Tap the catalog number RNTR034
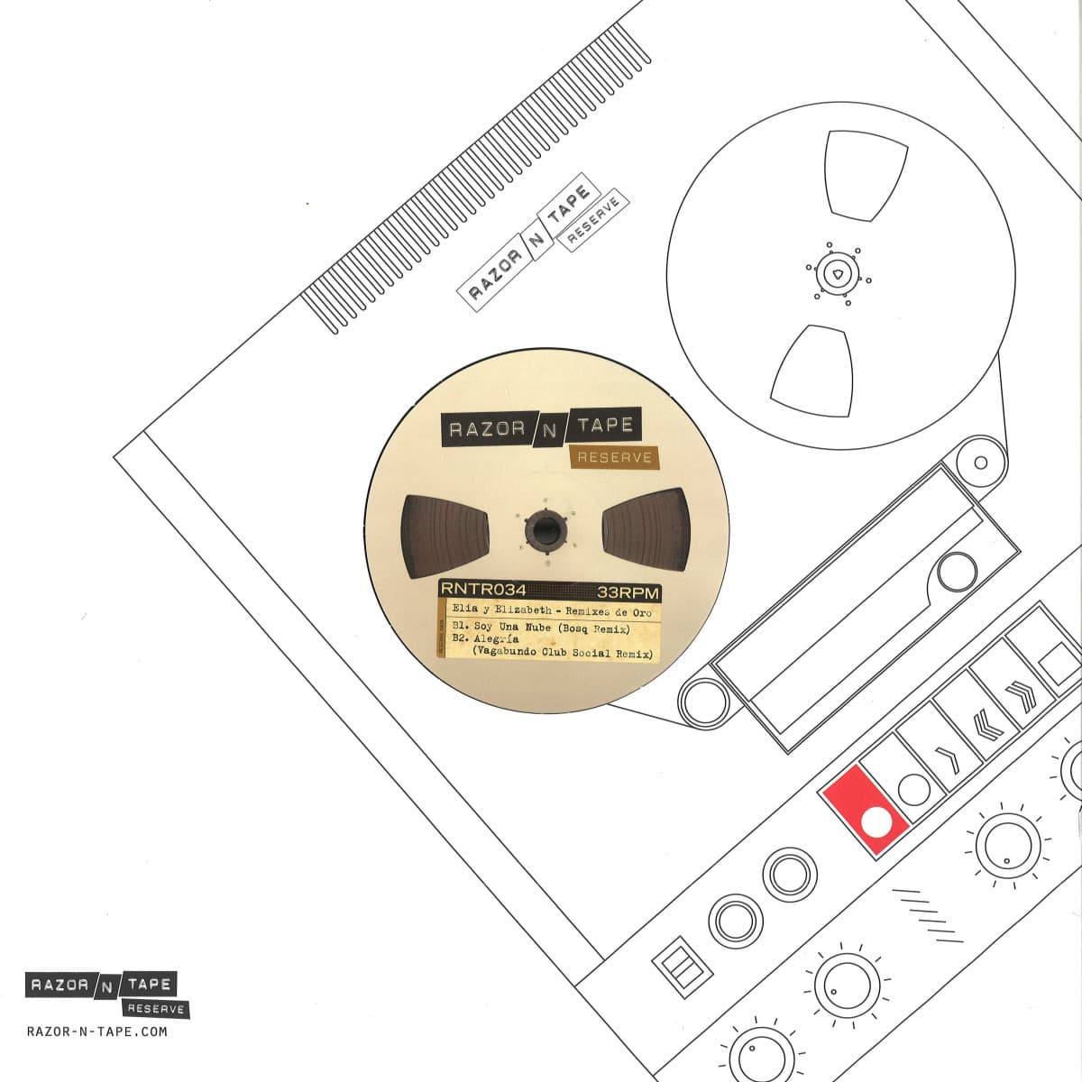click(x=483, y=590)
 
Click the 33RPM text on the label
click(x=628, y=592)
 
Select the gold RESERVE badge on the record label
click(x=614, y=458)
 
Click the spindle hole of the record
click(x=544, y=529)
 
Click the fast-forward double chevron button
click(x=1021, y=697)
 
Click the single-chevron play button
click(x=947, y=760)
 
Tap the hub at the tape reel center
click(x=838, y=274)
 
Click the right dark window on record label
click(x=646, y=529)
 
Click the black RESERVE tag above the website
click(x=155, y=1009)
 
